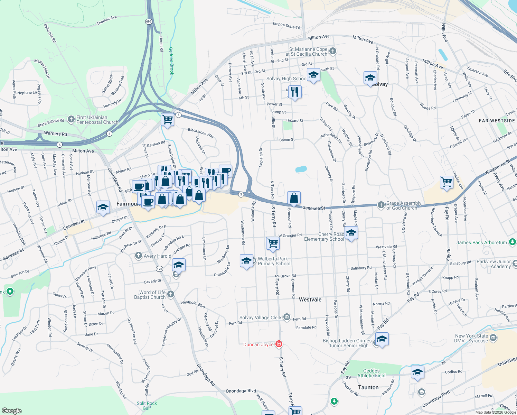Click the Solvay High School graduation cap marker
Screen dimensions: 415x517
[313, 75]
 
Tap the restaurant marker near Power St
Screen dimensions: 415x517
[294, 92]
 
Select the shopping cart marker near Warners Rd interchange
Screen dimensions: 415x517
[168, 120]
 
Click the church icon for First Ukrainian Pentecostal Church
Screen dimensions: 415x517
[71, 119]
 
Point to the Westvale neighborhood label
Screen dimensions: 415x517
[310, 299]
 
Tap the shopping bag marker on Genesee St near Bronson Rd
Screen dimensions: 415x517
[294, 198]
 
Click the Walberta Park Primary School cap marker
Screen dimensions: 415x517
[246, 261]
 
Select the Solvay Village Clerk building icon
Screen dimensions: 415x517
[287, 317]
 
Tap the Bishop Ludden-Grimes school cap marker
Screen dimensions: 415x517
[382, 339]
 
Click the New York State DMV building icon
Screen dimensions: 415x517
[493, 338]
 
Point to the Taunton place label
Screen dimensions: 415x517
[368, 387]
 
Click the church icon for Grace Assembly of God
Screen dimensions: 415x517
[381, 205]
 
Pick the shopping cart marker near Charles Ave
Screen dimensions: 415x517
[446, 182]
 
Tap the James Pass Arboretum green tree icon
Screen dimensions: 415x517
[513, 242]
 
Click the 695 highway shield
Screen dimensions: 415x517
[149, 21]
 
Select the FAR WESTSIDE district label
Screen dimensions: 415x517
[497, 121]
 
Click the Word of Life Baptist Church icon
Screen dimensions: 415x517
[171, 294]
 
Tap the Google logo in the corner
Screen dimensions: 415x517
[12, 411]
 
